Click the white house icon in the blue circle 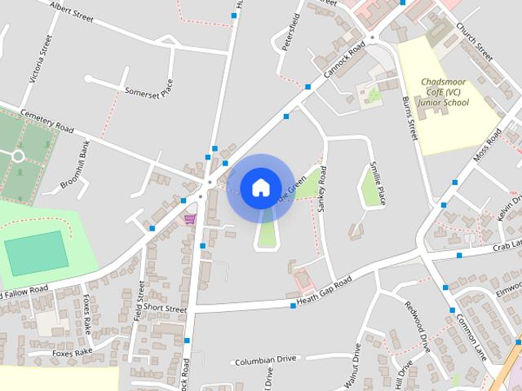tap(260, 187)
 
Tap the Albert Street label tap(72, 11)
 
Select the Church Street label tap(475, 39)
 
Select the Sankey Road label tap(322, 190)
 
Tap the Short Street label tap(166, 310)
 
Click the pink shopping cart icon tap(190, 218)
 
